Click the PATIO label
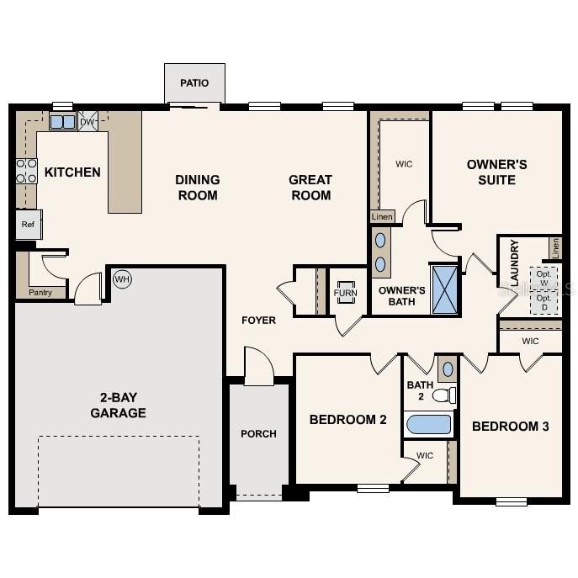point(194,83)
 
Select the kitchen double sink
point(62,122)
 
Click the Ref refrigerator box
point(28,225)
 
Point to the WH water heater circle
point(123,279)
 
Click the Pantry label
point(40,293)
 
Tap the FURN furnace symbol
point(346,293)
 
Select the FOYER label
point(258,321)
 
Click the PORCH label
point(258,434)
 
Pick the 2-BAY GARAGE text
point(119,405)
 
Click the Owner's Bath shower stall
point(444,289)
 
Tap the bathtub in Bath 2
point(429,424)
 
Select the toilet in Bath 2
point(444,395)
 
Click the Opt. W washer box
point(544,278)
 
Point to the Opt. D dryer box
point(544,302)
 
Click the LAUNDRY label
point(514,263)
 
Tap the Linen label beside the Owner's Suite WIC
point(382,217)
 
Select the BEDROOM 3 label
point(510,427)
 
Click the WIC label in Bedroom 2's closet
point(425,456)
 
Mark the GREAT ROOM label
point(310,187)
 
